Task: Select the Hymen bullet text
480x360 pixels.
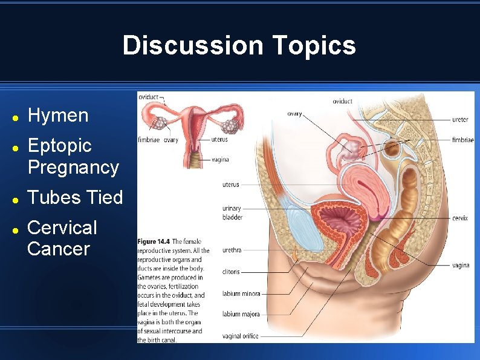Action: (x=58, y=115)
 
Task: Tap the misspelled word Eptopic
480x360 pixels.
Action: (x=59, y=145)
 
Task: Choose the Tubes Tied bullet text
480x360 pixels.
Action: (x=75, y=197)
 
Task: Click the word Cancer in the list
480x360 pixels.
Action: (x=59, y=249)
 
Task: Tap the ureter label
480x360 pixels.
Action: (x=459, y=120)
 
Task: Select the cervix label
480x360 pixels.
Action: (x=459, y=218)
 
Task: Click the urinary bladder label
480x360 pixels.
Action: (x=232, y=212)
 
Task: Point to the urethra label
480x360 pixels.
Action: (x=232, y=249)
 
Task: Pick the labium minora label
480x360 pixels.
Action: (x=241, y=294)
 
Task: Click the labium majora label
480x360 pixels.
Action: (x=241, y=315)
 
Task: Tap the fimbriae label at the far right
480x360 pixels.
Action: (x=462, y=140)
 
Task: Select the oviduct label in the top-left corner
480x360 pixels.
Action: (x=149, y=97)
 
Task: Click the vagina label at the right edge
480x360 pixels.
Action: (x=460, y=266)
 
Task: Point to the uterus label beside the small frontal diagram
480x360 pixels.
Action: (x=220, y=140)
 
